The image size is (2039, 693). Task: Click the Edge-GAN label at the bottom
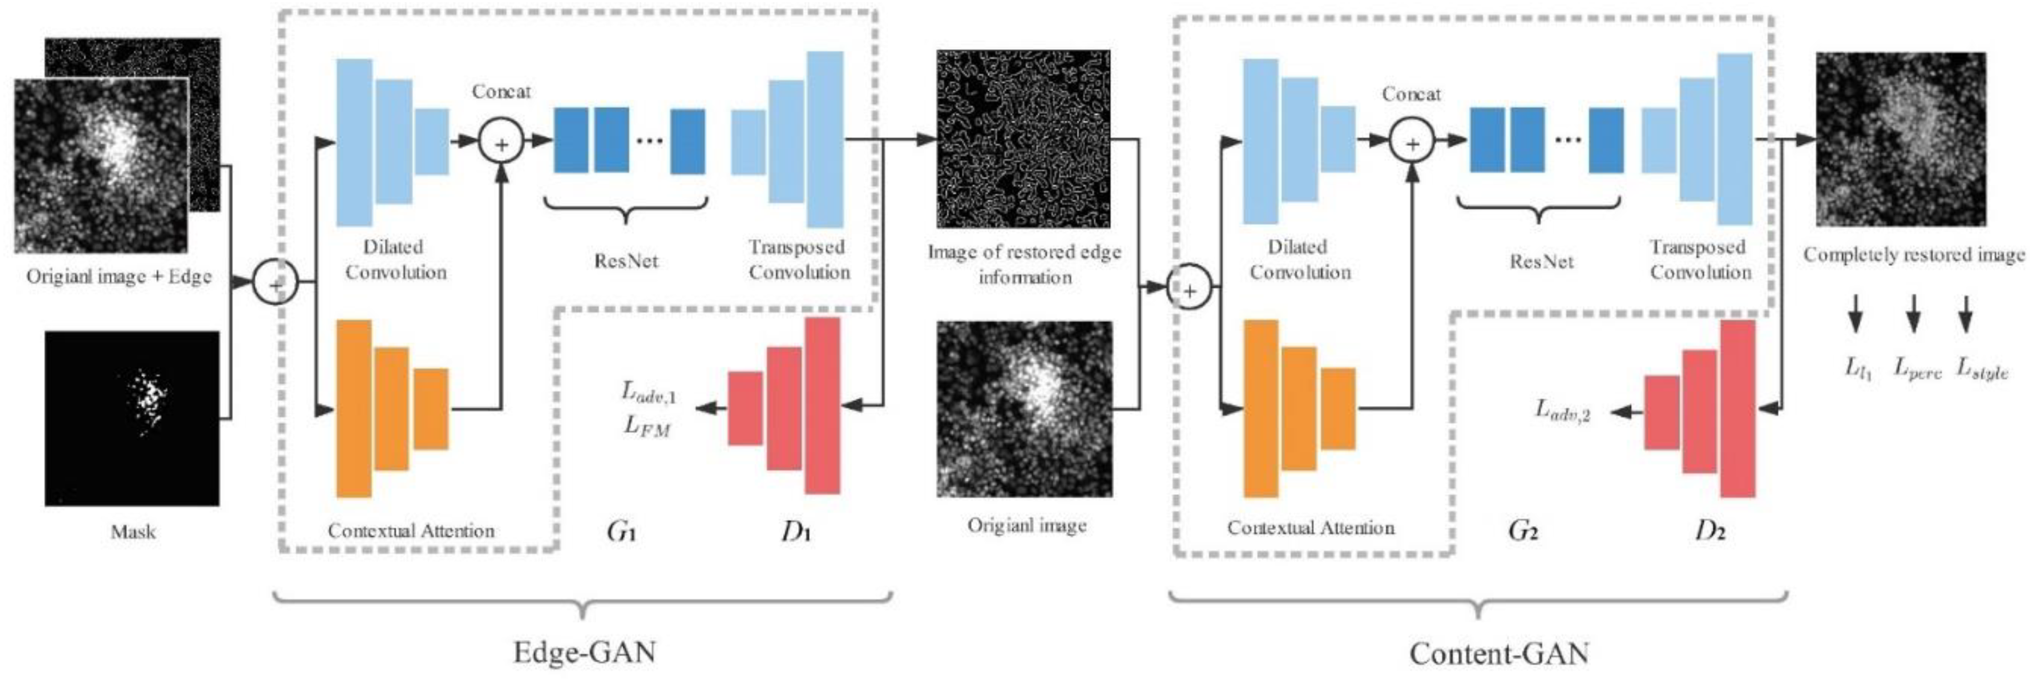(x=584, y=652)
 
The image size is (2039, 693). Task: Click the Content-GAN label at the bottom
(x=1498, y=654)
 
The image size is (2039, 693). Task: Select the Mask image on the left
(x=132, y=418)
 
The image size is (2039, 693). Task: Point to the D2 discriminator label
(x=1710, y=531)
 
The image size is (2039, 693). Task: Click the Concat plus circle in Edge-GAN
(x=501, y=142)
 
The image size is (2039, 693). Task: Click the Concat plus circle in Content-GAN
(x=1413, y=143)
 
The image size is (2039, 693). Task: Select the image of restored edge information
(x=1023, y=139)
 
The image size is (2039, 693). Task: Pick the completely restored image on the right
(x=1901, y=139)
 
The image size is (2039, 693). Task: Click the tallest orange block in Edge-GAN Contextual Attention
(x=354, y=408)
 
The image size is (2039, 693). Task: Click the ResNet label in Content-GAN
(x=1541, y=261)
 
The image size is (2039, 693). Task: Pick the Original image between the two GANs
(x=1025, y=409)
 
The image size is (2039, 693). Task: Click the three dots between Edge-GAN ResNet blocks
(x=650, y=141)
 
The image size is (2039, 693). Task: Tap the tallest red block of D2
(x=1738, y=408)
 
